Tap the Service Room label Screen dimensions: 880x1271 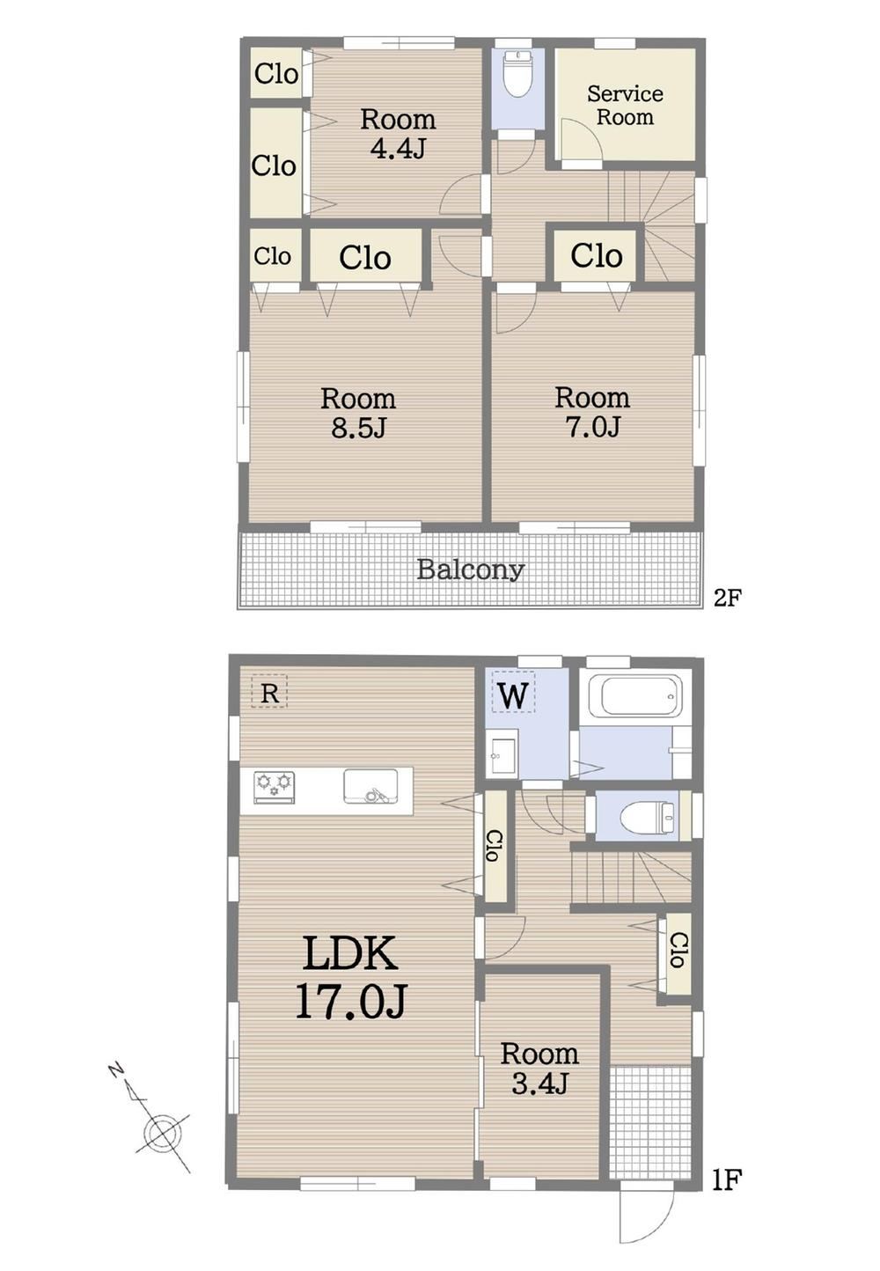[625, 106]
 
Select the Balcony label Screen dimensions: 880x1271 [470, 569]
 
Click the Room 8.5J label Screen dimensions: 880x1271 [357, 413]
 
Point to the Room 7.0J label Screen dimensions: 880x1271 [591, 412]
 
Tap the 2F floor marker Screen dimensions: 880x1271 [728, 598]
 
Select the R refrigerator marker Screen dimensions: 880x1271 [269, 692]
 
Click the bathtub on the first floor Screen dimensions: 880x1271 [634, 695]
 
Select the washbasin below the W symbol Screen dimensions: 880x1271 [502, 753]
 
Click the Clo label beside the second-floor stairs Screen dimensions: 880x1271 [597, 255]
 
